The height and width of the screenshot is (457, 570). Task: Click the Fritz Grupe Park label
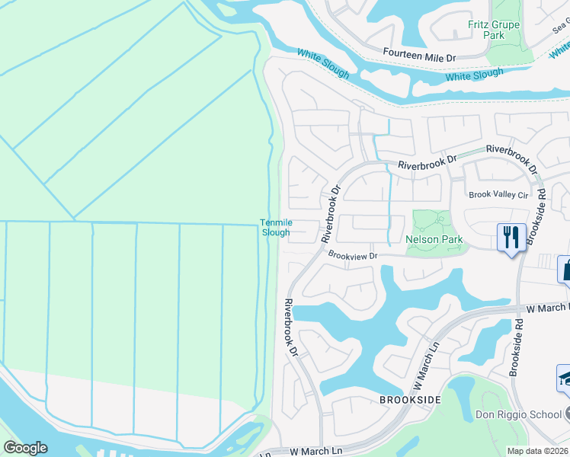point(493,30)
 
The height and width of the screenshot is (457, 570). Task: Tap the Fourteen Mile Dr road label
point(418,57)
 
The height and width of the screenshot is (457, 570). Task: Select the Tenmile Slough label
point(275,227)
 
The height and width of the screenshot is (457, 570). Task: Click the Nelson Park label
point(434,239)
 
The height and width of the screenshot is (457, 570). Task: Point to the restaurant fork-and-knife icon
point(510,236)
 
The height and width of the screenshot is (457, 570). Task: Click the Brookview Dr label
point(353,257)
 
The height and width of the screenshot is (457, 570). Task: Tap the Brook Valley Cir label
point(498,195)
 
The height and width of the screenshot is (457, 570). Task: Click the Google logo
point(25,447)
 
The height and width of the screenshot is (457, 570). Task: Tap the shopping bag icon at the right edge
point(565,269)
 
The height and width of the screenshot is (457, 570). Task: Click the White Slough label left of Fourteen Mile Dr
point(323,65)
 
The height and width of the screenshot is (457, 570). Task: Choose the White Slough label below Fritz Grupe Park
point(474,75)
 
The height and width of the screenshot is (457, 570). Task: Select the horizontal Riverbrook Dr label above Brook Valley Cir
point(426,162)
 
